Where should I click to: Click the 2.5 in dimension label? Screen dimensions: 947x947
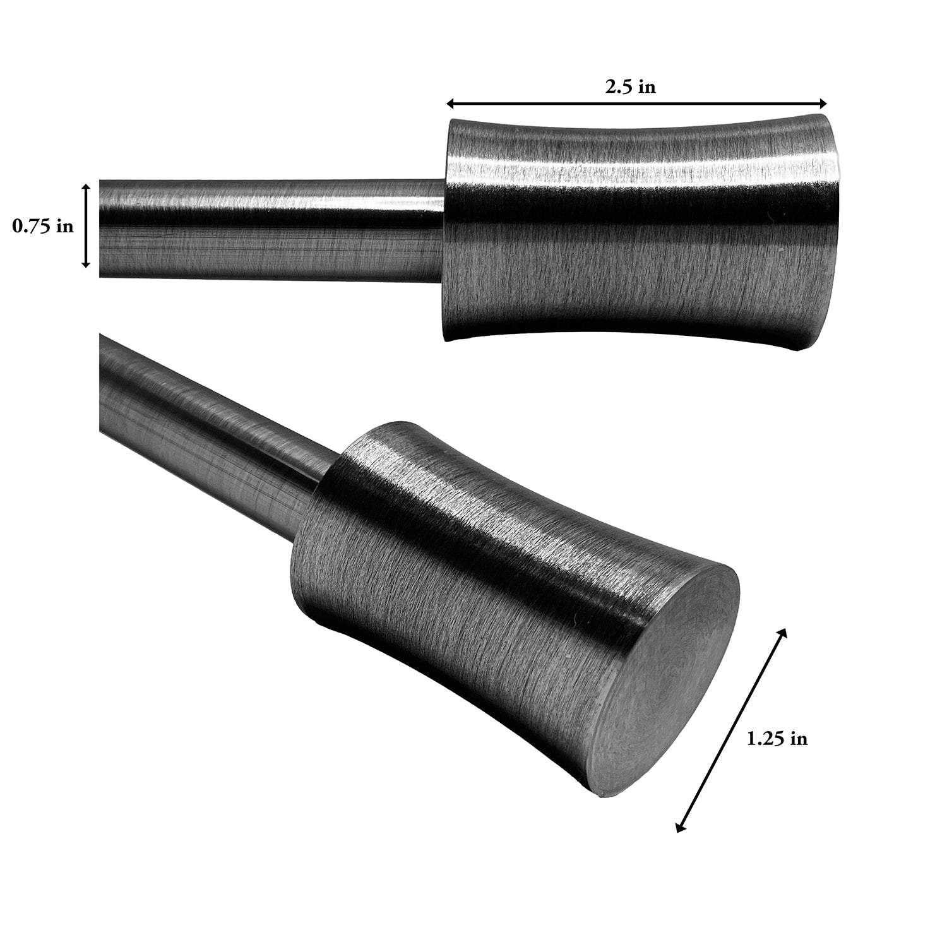630,87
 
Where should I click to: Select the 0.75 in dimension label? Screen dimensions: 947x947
43,227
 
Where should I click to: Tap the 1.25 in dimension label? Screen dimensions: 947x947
777,738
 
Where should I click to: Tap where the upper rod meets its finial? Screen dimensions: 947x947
444,230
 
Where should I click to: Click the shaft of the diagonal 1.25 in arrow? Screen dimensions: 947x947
731,730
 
